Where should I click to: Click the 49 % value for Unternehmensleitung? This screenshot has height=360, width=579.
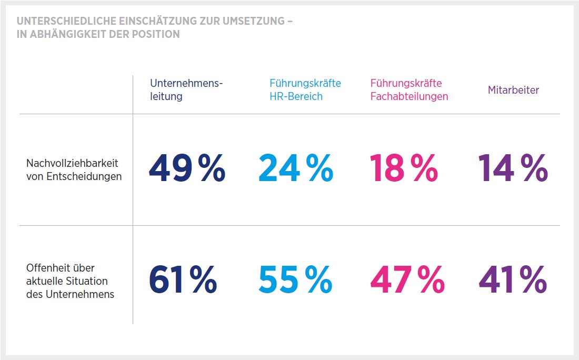click(x=187, y=168)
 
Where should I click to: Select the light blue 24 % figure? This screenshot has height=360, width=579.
click(x=295, y=168)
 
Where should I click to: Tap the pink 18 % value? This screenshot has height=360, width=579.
click(x=404, y=168)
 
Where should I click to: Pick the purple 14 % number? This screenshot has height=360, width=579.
click(x=513, y=168)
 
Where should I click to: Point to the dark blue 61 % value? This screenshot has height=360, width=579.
click(x=183, y=279)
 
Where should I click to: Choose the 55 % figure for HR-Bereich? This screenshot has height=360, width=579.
click(x=295, y=279)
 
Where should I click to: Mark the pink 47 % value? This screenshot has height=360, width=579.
click(x=407, y=279)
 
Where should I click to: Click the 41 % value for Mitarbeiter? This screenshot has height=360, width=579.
click(x=513, y=279)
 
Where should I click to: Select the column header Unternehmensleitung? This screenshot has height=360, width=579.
click(x=186, y=90)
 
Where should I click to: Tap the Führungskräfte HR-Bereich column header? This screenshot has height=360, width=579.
click(x=305, y=90)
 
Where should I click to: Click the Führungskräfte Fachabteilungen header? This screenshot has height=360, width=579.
click(x=409, y=90)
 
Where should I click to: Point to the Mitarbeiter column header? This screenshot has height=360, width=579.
click(x=513, y=90)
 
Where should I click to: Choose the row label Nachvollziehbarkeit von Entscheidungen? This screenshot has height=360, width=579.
click(x=74, y=170)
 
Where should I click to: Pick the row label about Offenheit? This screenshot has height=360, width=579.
click(x=70, y=281)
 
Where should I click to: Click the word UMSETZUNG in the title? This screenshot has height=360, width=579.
click(x=251, y=22)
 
